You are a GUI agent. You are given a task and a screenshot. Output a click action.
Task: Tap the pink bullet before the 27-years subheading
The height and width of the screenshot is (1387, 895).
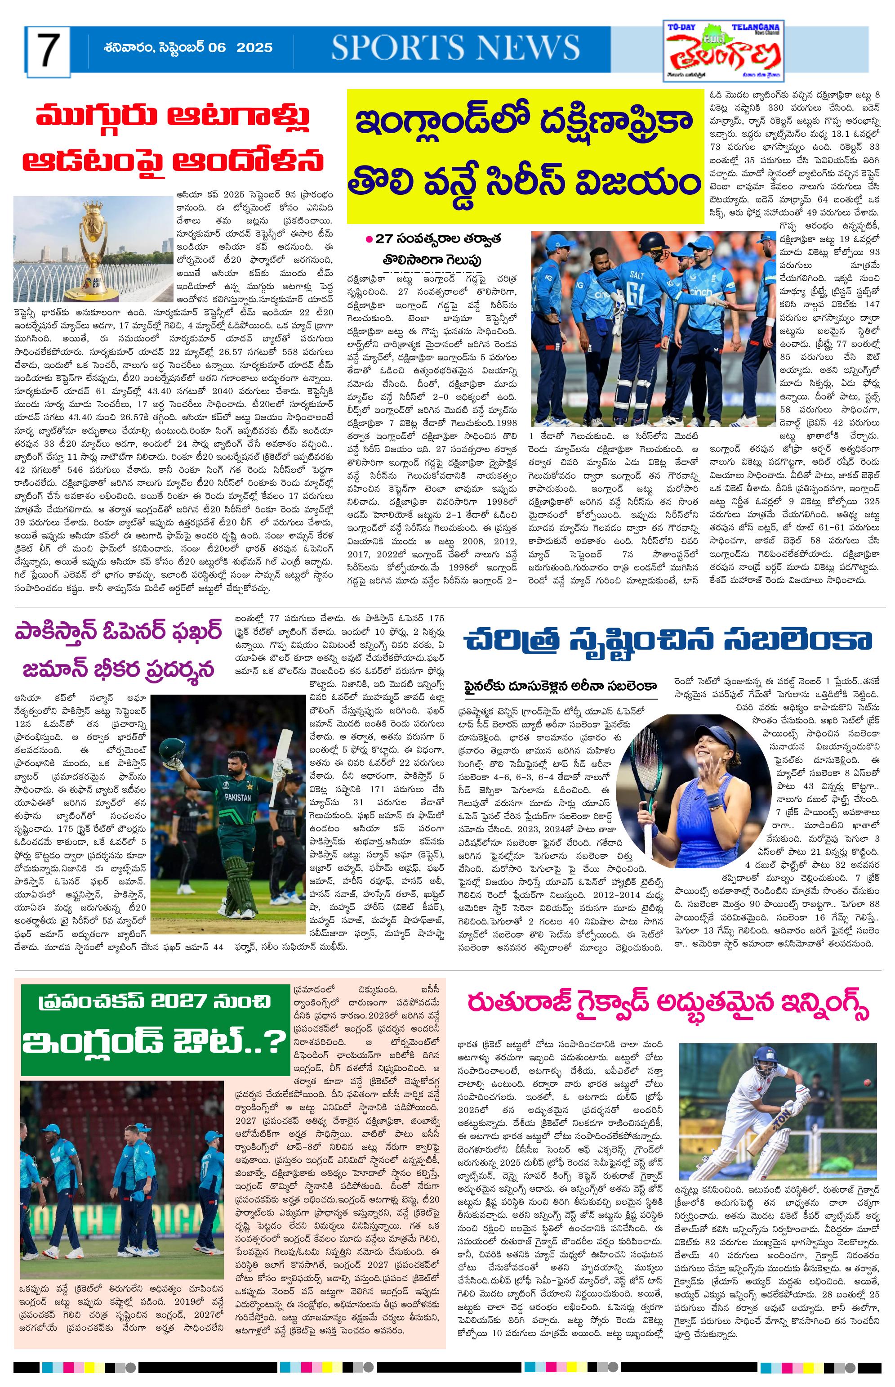point(369,238)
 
